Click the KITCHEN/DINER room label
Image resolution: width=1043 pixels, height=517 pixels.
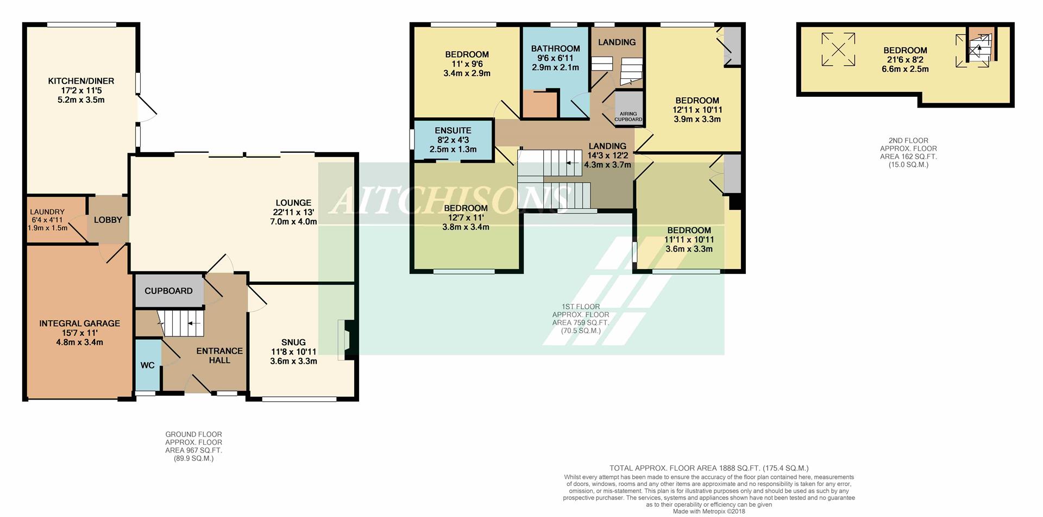click(x=81, y=81)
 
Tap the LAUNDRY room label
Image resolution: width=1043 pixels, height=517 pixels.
click(x=47, y=212)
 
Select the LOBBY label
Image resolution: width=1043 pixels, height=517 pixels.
click(x=108, y=220)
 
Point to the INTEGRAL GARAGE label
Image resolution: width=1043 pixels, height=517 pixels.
click(x=79, y=323)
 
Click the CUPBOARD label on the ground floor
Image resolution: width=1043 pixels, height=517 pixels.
click(x=168, y=291)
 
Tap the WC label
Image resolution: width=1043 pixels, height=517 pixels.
click(x=148, y=365)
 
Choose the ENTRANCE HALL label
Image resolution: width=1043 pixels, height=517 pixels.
click(x=219, y=356)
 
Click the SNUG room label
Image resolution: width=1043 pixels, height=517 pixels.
click(x=293, y=342)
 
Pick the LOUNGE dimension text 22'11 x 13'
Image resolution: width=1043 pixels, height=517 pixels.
click(x=293, y=212)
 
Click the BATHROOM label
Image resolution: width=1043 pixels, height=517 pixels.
click(x=555, y=48)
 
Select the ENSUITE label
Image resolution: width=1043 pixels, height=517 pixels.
click(x=453, y=130)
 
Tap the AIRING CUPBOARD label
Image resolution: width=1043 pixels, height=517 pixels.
click(x=629, y=117)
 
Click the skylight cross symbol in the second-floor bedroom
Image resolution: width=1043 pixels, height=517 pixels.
click(x=838, y=49)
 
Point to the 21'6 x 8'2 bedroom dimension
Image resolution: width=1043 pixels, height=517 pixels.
click(x=905, y=60)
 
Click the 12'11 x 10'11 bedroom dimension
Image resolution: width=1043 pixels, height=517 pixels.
click(x=697, y=110)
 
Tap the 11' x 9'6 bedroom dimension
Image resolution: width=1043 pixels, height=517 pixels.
click(x=467, y=64)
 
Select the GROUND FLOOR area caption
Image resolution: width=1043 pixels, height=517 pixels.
click(x=194, y=446)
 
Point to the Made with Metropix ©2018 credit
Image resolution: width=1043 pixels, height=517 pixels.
click(x=709, y=512)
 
